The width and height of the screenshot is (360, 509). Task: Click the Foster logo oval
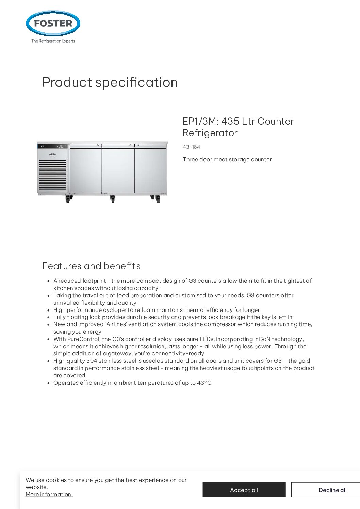[53, 23]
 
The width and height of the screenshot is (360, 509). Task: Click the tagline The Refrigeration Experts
[53, 41]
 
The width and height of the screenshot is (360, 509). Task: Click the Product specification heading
[110, 82]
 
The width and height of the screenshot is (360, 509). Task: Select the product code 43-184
[191, 147]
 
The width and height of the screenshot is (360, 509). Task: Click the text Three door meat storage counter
[227, 159]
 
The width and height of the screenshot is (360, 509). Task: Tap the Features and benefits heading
[91, 266]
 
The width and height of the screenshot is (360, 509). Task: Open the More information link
[49, 494]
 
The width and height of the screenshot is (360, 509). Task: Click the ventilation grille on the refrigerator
[52, 175]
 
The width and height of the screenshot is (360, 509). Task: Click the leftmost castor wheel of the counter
[68, 199]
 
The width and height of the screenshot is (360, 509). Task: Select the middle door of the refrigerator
[118, 169]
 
